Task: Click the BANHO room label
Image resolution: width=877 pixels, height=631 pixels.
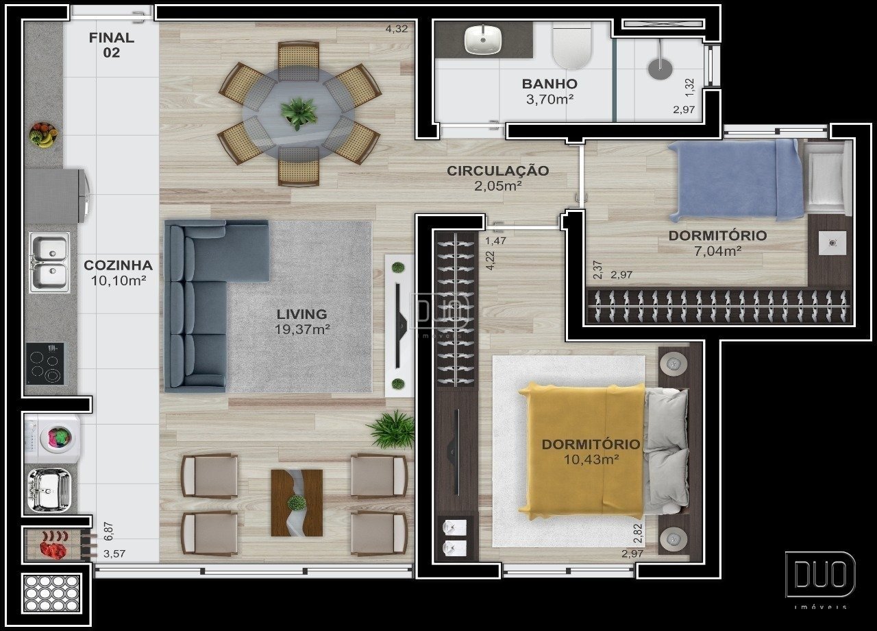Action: pos(549,84)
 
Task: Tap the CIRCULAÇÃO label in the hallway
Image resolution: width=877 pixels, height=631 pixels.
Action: pos(498,171)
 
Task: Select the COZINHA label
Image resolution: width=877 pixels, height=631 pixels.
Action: pos(119,265)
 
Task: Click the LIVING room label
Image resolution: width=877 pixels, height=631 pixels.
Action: pos(301,314)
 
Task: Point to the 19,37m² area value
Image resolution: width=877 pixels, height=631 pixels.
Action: pos(302,329)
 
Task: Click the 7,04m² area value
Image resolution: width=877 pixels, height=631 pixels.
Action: pos(717,251)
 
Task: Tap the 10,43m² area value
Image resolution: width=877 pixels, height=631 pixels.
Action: pos(591,460)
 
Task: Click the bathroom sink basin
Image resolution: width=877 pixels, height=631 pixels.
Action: pos(483,39)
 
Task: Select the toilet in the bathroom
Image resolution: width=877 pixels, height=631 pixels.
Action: pos(571,45)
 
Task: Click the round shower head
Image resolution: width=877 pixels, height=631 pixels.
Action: pos(660,69)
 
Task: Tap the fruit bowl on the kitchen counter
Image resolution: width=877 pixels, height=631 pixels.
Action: pos(43,134)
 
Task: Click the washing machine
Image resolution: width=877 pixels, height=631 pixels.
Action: pos(53,438)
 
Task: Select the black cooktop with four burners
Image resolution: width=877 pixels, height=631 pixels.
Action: pos(45,364)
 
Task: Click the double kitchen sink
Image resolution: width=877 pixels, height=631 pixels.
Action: pos(49,262)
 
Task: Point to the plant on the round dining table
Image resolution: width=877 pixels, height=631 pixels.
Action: pos(298,113)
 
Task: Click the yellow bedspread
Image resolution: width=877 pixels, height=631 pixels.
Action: pos(582,451)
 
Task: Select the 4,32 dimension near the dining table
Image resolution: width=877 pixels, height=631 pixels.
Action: pos(397,29)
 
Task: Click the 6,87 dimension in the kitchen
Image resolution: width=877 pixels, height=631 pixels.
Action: pos(108,531)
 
